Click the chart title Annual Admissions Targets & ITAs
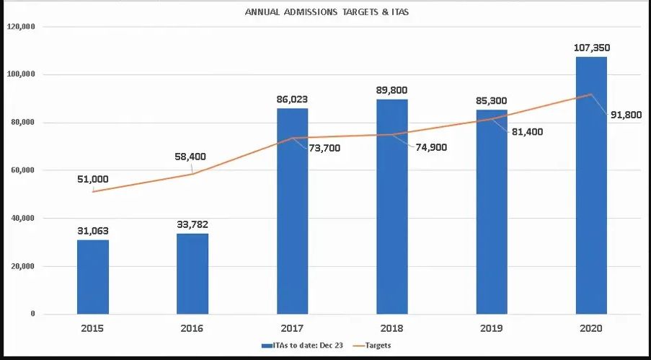point(327,12)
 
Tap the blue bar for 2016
point(192,273)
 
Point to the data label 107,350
point(591,48)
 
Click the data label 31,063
point(92,231)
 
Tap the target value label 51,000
point(92,179)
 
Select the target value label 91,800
point(625,115)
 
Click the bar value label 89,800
point(391,90)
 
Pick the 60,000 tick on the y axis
point(23,170)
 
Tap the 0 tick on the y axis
point(32,314)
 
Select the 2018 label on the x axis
point(391,328)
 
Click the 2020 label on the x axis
point(591,328)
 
